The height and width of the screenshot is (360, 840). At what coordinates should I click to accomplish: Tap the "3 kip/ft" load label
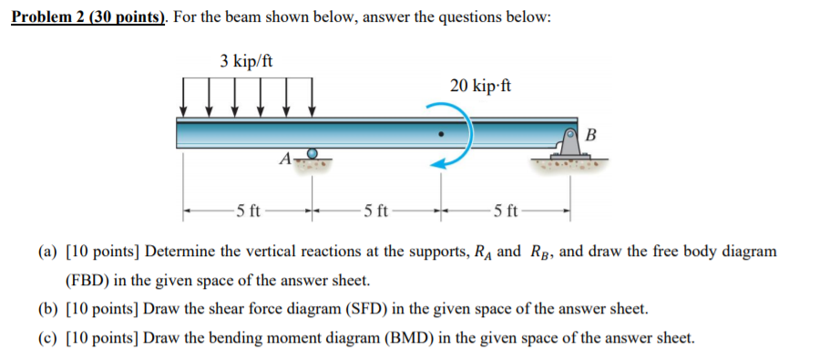click(246, 62)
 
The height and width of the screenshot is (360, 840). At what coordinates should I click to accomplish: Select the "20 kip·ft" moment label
click(480, 87)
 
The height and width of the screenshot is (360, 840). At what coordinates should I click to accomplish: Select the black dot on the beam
click(440, 134)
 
